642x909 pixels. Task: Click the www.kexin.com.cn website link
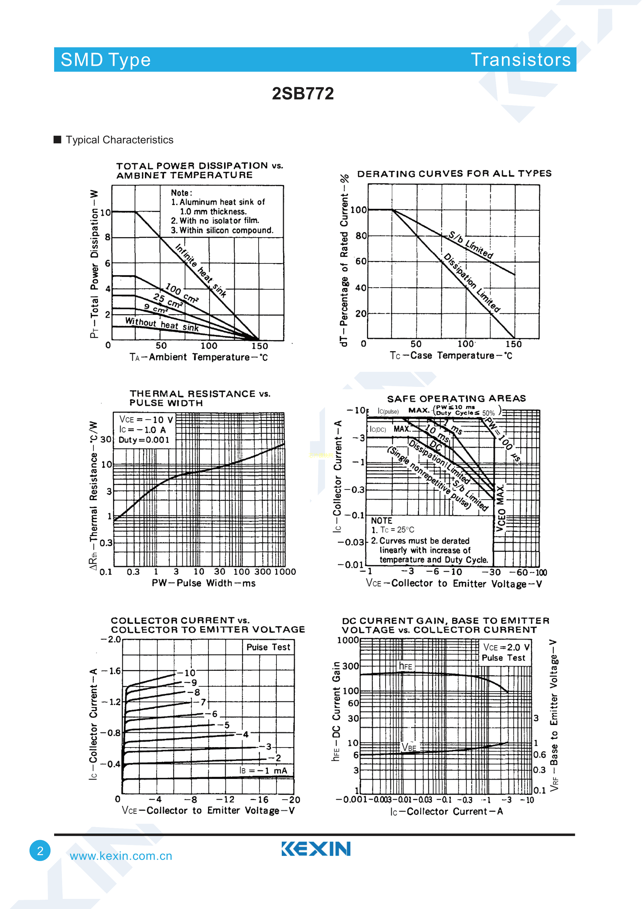click(x=121, y=856)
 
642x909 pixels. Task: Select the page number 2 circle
click(x=40, y=850)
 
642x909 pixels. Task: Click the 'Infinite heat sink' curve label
click(x=200, y=271)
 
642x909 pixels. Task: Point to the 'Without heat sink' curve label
click(x=162, y=324)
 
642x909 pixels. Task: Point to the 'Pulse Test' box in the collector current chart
click(x=268, y=647)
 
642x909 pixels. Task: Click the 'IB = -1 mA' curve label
click(x=263, y=770)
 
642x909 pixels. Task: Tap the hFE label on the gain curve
click(x=406, y=666)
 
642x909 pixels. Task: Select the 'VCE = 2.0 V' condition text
click(x=506, y=647)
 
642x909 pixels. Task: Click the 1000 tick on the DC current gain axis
click(x=348, y=640)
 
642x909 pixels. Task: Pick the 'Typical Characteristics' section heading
click(x=119, y=140)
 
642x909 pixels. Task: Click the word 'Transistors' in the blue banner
click(x=521, y=60)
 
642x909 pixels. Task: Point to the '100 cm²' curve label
click(x=182, y=293)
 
